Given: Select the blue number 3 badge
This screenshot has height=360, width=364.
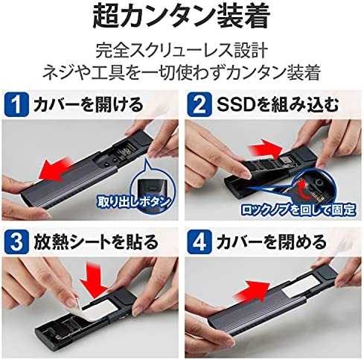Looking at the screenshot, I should (17, 242).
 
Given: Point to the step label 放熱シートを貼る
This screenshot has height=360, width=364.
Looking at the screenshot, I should (92, 242).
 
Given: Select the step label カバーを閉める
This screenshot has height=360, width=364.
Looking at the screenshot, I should (261, 242).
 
